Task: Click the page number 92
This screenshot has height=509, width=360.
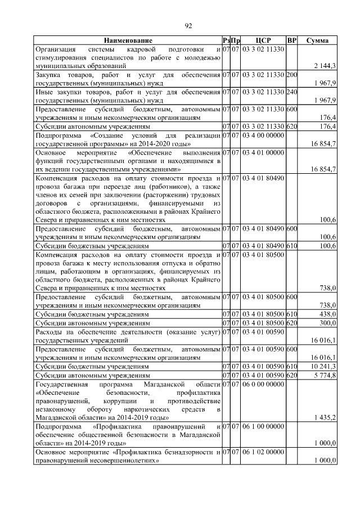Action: click(188, 25)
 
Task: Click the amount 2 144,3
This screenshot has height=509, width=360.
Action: click(325, 66)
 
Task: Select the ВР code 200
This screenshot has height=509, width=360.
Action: click(291, 75)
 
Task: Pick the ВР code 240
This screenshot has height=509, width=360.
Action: click(291, 92)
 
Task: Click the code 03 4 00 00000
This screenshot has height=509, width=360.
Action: click(263, 136)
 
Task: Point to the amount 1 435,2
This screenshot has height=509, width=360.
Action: click(325, 417)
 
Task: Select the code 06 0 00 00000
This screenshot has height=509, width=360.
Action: click(263, 384)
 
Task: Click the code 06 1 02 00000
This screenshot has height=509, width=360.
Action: click(263, 452)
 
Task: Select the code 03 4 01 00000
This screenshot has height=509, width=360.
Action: click(263, 152)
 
